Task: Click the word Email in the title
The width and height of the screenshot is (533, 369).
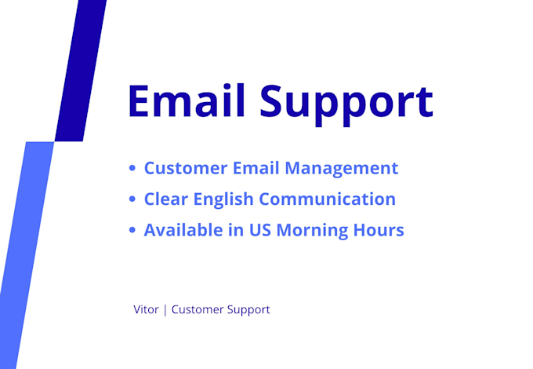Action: point(187,101)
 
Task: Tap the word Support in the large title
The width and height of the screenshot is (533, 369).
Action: point(346,104)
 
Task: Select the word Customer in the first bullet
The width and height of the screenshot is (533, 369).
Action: point(186,168)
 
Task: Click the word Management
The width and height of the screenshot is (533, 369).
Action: point(341,169)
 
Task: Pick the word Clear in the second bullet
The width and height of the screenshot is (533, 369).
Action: point(166,199)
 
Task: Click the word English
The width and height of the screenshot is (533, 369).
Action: point(223,200)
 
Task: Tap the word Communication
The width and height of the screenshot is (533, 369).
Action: point(328,199)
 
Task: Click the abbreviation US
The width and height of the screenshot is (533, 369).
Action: point(260,230)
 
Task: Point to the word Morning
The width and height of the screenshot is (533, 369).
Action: point(312,231)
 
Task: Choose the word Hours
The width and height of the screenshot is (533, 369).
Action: point(379,230)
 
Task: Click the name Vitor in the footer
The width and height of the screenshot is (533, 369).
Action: point(146,309)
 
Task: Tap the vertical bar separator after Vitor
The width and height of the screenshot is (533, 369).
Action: point(165,310)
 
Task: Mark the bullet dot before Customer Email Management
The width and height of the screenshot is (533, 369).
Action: point(132,168)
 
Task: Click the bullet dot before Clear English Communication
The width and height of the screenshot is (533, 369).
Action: point(132,199)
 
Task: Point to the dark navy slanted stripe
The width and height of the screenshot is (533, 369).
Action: point(81,71)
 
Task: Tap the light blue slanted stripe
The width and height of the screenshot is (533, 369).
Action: point(27,255)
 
